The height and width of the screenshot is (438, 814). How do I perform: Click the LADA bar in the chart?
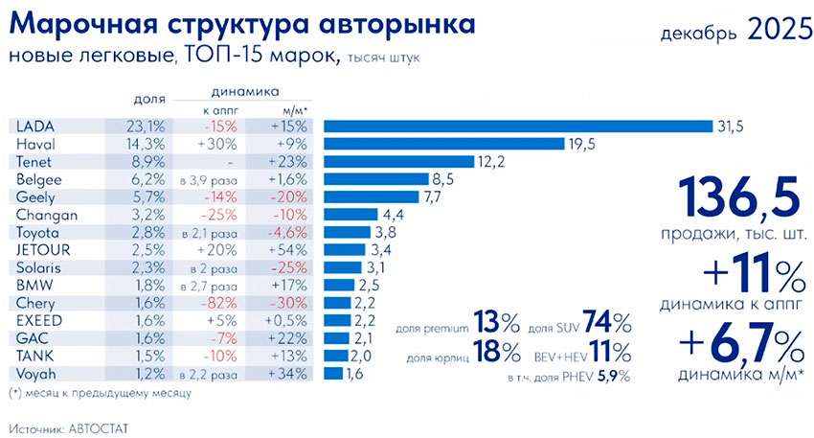coord(518,127)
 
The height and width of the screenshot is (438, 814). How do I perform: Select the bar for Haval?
coord(444,144)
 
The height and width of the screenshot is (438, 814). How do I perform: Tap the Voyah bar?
coord(333,372)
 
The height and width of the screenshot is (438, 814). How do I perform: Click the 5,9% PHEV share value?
coord(614,377)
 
